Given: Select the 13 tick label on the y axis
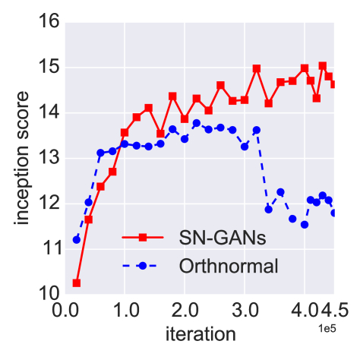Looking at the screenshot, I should click(49, 158).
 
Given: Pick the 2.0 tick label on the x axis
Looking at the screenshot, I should click(185, 311).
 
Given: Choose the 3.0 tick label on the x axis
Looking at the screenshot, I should click(245, 311).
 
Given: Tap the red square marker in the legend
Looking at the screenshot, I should click(142, 238).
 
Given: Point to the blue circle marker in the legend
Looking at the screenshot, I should click(142, 266).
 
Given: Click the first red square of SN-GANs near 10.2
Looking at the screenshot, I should click(77, 283).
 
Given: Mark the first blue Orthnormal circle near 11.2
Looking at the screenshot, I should click(77, 239).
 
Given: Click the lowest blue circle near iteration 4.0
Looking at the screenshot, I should click(305, 224).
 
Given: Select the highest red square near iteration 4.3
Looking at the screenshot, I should click(323, 65).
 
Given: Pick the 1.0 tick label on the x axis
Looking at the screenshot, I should click(125, 311).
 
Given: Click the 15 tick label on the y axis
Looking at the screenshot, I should click(49, 68).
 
